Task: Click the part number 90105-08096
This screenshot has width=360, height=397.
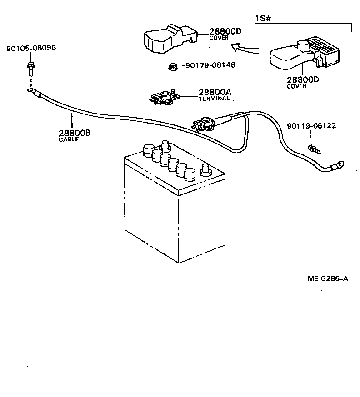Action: [31, 48]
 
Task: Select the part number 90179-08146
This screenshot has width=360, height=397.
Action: [210, 65]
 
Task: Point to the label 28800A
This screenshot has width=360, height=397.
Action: [215, 92]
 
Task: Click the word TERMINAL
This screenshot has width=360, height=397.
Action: [215, 99]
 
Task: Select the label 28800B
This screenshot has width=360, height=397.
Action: [75, 133]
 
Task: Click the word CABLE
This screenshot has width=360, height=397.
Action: [69, 139]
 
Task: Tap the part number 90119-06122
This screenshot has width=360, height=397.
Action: [311, 125]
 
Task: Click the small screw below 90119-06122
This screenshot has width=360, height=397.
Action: [313, 149]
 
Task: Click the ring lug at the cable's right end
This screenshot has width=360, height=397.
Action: [338, 167]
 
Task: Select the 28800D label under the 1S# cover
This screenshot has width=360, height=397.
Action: [303, 79]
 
